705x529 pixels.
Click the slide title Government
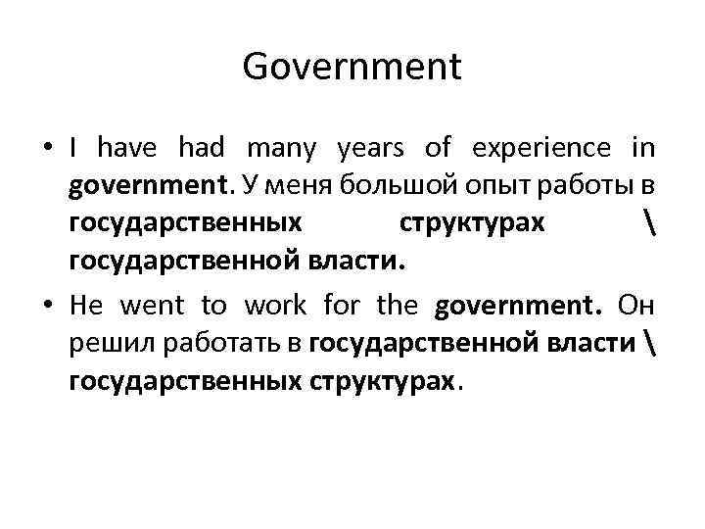[352, 68]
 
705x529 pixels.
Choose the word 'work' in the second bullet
[275, 306]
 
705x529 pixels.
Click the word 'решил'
[99, 343]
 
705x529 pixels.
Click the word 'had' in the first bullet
[203, 149]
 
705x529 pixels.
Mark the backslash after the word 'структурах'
[650, 223]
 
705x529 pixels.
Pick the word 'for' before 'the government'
[340, 306]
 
